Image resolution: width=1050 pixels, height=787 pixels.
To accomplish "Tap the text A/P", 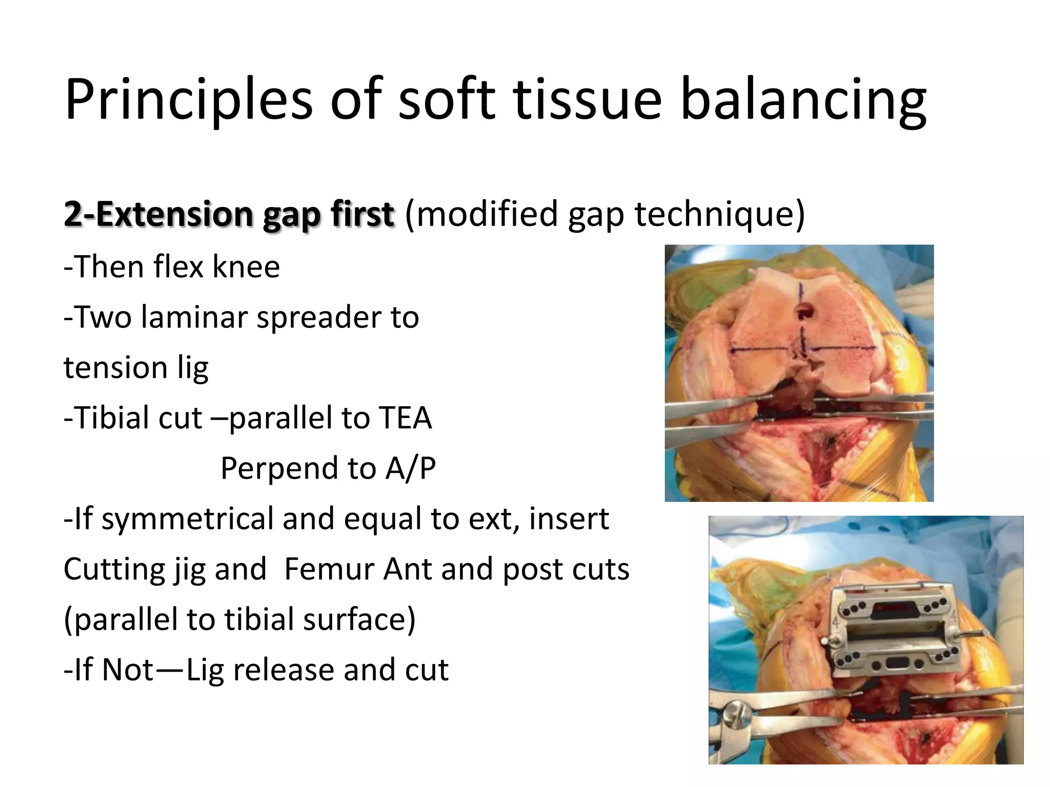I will [x=410, y=468].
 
